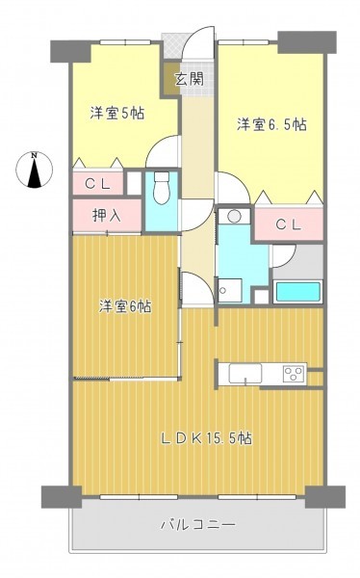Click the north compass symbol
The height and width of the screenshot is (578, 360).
point(34,170)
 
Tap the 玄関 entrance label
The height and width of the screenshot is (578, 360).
point(189,79)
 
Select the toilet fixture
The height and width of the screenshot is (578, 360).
point(161,188)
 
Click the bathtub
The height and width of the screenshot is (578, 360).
point(297,291)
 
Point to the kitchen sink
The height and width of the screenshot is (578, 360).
point(245,373)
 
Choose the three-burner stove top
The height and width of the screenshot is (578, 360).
point(294,374)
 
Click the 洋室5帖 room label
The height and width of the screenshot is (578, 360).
point(116,113)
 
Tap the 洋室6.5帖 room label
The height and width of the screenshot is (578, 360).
point(271,124)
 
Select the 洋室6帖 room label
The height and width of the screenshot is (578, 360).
point(124,306)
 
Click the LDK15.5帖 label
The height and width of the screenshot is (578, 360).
point(207,438)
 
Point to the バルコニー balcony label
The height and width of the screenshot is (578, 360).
point(198,524)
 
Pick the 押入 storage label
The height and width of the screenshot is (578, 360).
point(107,216)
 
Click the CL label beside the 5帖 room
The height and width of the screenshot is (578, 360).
point(97,183)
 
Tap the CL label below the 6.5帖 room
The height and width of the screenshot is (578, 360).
point(289,224)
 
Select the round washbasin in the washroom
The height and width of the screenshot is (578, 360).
point(234,216)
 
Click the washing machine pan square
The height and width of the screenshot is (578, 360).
point(230,291)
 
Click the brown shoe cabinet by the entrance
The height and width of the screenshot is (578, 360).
point(169,78)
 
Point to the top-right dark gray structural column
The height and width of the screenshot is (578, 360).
point(306,42)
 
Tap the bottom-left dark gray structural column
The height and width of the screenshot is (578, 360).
point(62,496)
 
